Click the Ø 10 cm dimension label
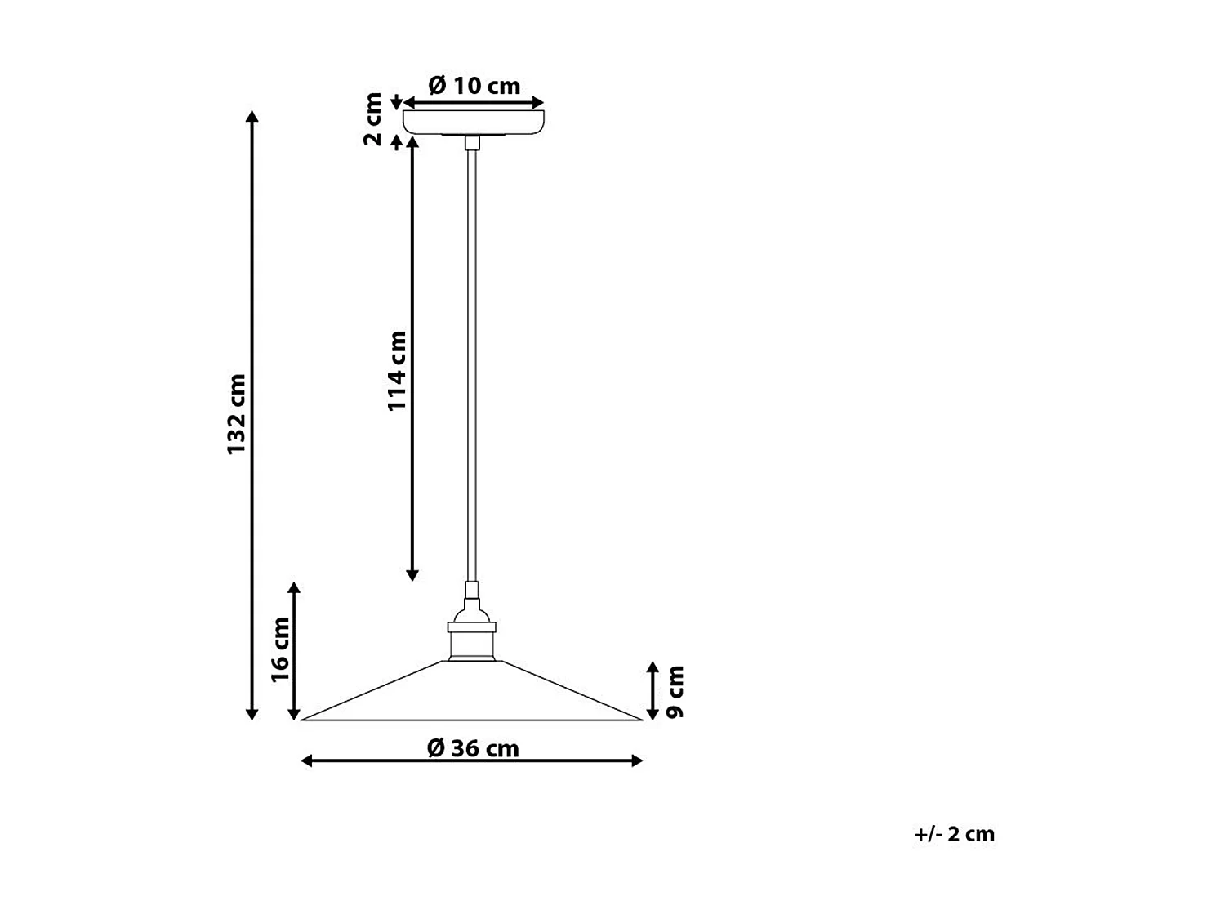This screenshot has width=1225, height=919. tap(474, 85)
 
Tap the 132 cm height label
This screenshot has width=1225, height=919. tap(236, 414)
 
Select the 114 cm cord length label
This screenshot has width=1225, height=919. tap(397, 370)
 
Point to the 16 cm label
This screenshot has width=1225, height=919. tap(280, 649)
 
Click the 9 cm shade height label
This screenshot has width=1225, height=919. tap(675, 692)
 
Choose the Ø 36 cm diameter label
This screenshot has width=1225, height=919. tap(473, 747)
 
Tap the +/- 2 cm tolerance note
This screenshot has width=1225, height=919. tap(954, 834)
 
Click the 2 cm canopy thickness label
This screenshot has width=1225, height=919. tap(373, 119)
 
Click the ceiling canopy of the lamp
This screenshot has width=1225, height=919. tap(474, 122)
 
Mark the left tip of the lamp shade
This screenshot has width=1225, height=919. tap(304, 720)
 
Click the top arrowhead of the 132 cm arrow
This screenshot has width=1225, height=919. tap(252, 114)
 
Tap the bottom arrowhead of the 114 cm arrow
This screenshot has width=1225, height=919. tap(412, 576)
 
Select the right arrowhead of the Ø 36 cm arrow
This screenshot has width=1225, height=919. tap(639, 761)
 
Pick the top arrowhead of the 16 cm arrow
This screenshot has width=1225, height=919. tap(294, 587)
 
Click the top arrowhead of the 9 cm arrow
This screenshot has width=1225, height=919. tap(653, 666)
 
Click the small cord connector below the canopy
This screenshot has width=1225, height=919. tap(471, 143)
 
